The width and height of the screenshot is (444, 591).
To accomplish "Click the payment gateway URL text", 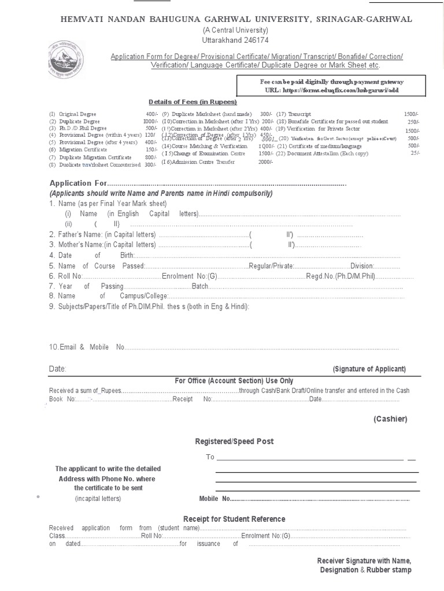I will [331, 91].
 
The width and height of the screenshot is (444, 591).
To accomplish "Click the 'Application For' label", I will [78, 183].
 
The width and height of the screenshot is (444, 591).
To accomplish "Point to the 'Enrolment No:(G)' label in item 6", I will [188, 276].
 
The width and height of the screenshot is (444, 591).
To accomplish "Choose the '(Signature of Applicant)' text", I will [369, 369].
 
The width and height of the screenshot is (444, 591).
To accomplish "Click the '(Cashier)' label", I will [390, 418].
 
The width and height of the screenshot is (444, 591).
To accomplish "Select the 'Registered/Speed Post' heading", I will [234, 442].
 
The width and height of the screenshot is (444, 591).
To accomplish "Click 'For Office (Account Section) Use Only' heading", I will [234, 381].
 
